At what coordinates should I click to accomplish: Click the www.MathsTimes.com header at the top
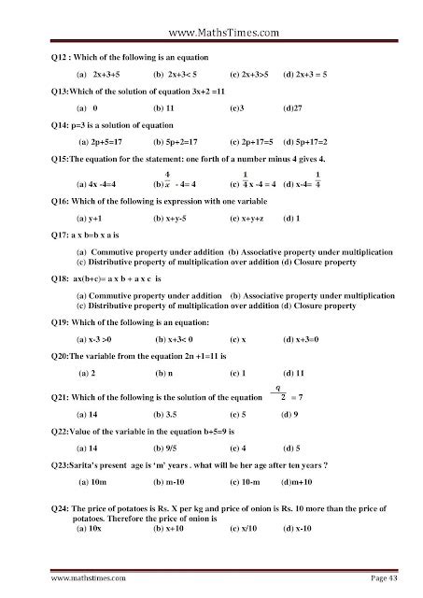tap(211, 15)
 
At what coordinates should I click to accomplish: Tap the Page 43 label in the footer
tap(378, 578)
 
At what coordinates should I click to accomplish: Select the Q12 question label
tap(61, 53)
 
